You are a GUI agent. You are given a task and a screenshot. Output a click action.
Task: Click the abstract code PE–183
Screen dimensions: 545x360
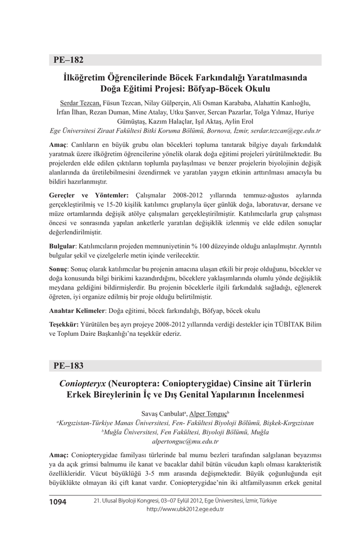click(x=69, y=366)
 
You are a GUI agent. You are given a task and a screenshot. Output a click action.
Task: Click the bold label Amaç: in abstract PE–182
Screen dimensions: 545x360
click(x=58, y=145)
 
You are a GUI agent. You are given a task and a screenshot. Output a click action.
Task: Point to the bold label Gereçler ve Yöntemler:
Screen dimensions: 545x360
click(x=88, y=196)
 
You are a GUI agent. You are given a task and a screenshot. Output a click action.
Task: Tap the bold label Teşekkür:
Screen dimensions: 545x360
click(x=64, y=324)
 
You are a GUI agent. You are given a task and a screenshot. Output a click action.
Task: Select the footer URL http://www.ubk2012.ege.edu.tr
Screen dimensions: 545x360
click(x=185, y=509)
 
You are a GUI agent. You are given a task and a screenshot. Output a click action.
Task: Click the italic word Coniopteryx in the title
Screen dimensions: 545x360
click(x=83, y=383)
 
